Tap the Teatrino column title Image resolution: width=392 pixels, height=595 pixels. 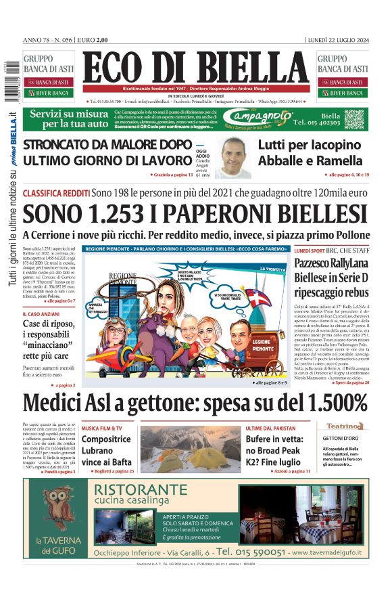(345, 426)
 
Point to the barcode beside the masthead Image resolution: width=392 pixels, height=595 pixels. (8, 74)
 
